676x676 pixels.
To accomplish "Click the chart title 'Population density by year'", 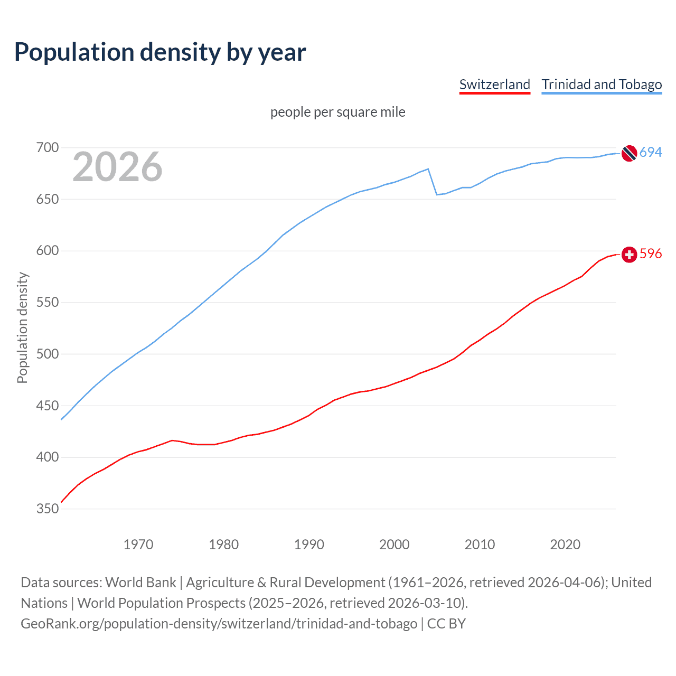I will tap(160, 52).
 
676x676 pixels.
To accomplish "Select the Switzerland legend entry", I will tap(494, 84).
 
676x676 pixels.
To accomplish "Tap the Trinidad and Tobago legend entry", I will tap(602, 84).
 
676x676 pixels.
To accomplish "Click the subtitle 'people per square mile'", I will tap(337, 112).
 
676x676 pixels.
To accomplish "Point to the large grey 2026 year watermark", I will tap(117, 167).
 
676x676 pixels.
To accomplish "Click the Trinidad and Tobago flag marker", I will tap(628, 153).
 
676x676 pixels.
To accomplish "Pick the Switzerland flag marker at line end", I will tap(628, 255).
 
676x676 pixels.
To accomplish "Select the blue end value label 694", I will tap(651, 152).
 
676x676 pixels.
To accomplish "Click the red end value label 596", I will tap(651, 254).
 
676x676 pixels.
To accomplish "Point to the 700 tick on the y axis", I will tap(47, 147).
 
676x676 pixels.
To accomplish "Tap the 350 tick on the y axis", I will tap(47, 509).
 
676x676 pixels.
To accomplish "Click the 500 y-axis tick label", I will tap(47, 354).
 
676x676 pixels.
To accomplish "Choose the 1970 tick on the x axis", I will tap(138, 544).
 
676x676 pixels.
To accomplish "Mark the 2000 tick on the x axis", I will tap(394, 544).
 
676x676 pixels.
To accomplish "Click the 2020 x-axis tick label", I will tap(565, 544).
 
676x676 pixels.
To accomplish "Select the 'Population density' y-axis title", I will tap(22, 327).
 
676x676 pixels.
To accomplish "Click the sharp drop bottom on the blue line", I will tap(437, 194).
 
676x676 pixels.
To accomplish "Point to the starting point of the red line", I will tap(62, 502).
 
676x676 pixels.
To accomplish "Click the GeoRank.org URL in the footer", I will tap(219, 624).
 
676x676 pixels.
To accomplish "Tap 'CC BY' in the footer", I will tap(446, 624).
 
